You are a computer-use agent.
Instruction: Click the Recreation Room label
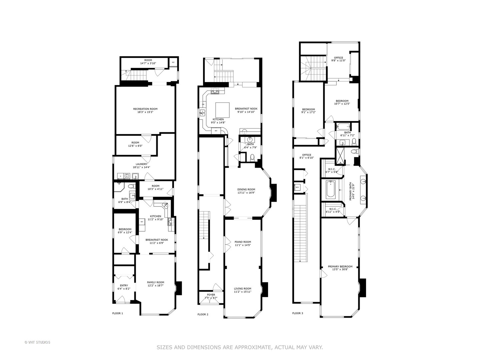click(145, 110)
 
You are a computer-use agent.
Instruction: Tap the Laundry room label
click(141, 165)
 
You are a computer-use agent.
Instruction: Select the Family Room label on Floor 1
click(156, 284)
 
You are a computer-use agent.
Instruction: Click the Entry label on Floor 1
click(124, 287)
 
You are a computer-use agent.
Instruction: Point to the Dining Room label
click(246, 191)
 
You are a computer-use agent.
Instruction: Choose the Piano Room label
click(242, 243)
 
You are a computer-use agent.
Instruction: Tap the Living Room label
click(242, 290)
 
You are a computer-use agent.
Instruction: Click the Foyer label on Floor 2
click(211, 296)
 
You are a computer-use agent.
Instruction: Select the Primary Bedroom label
click(340, 268)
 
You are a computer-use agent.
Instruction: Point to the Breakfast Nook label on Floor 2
click(246, 110)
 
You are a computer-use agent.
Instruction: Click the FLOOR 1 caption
click(118, 313)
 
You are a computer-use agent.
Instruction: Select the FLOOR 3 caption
click(298, 313)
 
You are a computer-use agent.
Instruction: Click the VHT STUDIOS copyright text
click(37, 342)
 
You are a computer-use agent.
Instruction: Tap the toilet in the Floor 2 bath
click(252, 157)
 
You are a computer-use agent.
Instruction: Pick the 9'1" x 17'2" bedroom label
click(308, 111)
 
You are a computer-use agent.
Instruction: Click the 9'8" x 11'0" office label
click(338, 59)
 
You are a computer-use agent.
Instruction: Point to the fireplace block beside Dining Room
click(274, 193)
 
